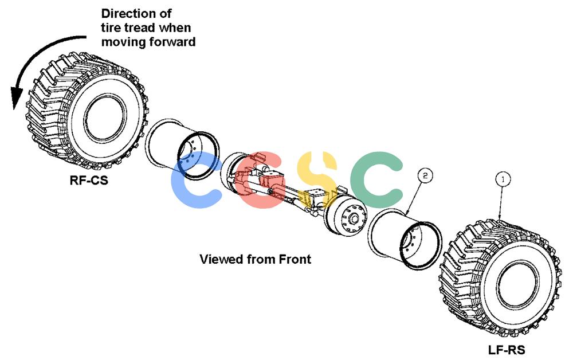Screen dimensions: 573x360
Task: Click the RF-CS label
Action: click(89, 180)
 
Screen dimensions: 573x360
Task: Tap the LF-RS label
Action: click(507, 350)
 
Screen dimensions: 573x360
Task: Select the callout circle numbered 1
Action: click(503, 179)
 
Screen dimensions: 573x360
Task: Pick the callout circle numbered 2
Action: click(425, 175)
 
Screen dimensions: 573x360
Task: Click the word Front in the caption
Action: click(295, 259)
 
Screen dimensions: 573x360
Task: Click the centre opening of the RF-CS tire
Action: click(105, 118)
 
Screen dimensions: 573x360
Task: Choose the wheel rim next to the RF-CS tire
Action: click(182, 148)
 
